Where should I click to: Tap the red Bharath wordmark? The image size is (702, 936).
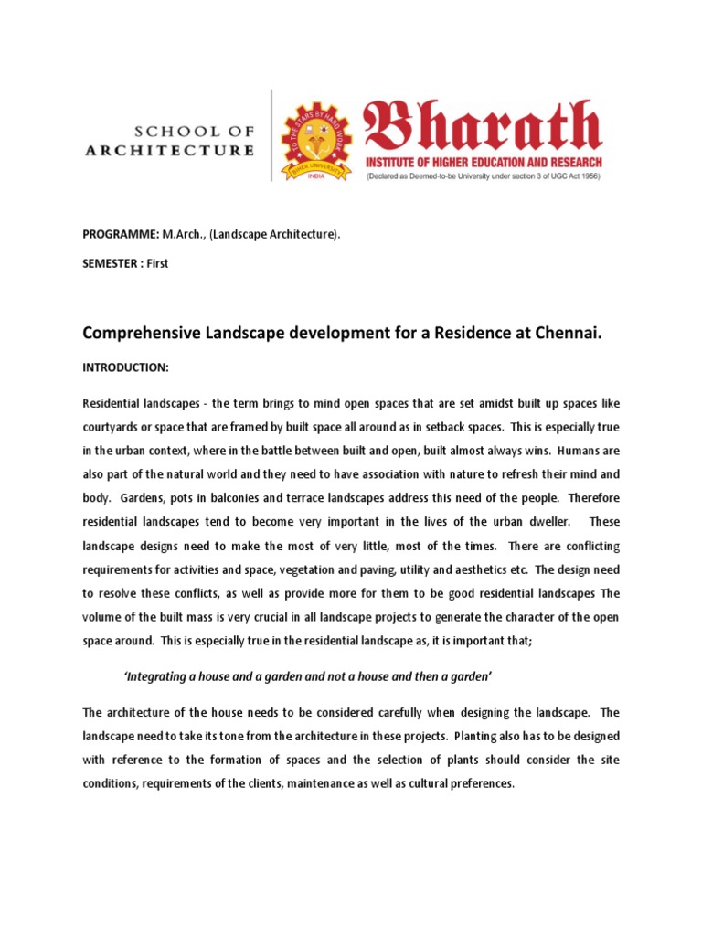point(483,126)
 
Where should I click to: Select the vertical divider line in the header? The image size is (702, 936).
point(271,135)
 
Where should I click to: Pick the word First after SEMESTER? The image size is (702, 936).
point(158,263)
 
